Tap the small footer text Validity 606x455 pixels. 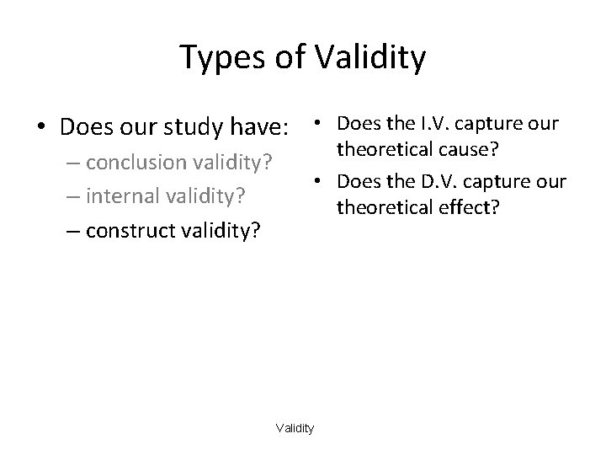click(295, 429)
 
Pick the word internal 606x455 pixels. click(126, 195)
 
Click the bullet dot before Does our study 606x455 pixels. click(41, 129)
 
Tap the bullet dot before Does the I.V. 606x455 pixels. click(315, 125)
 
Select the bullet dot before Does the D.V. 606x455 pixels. click(315, 182)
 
